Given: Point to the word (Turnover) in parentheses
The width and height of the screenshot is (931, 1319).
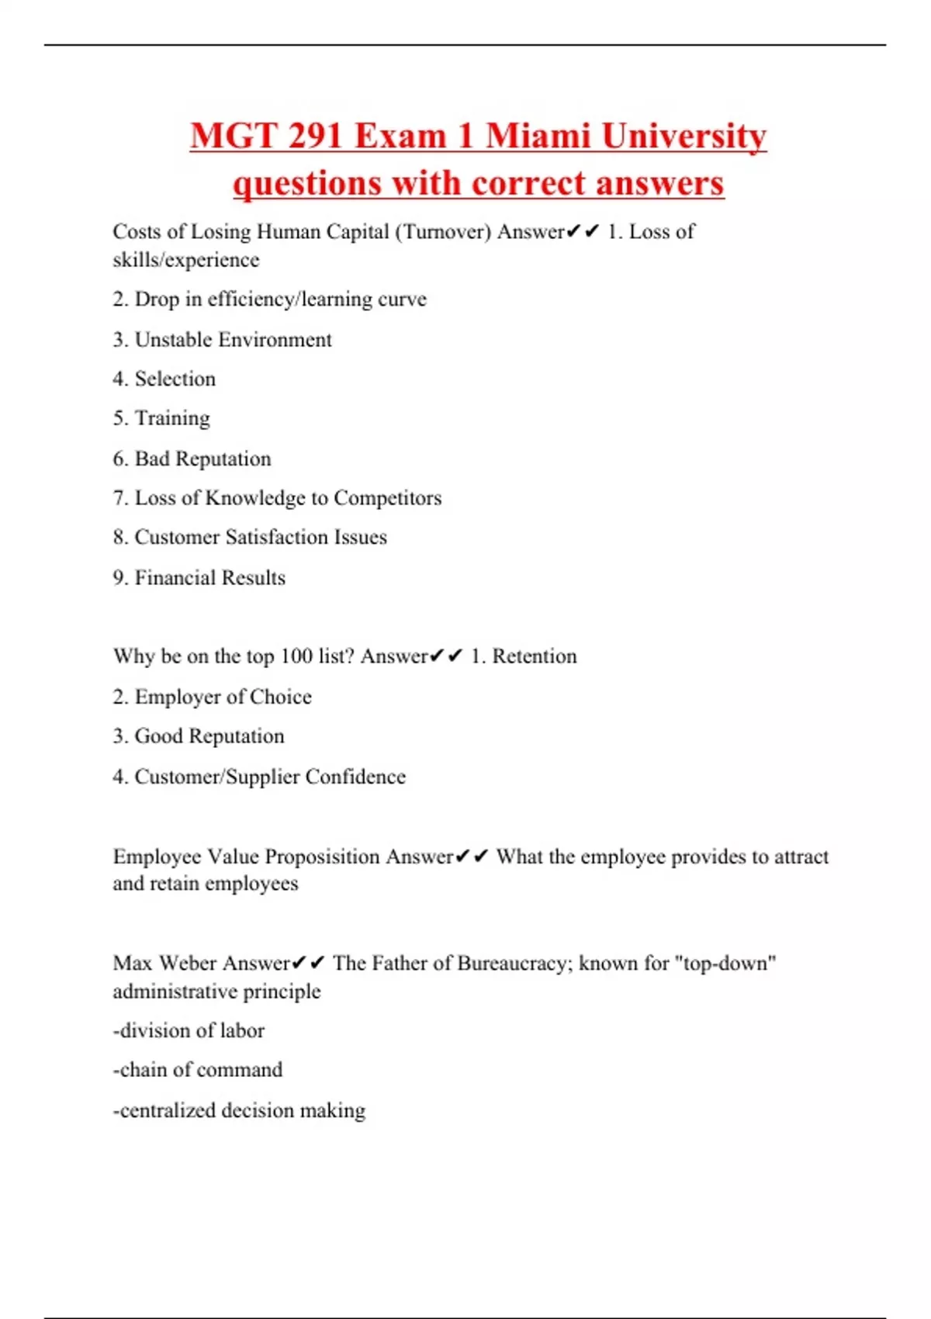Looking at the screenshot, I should coord(443,232).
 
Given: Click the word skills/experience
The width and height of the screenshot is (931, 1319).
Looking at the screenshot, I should coord(186,260).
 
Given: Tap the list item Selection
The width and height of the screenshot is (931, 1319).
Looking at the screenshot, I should coord(175,379).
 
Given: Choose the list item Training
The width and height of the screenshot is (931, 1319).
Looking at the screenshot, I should coord(172,419).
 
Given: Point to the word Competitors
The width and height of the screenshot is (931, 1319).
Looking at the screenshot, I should coord(387,498).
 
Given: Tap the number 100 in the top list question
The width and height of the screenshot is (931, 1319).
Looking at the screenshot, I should coord(296,656).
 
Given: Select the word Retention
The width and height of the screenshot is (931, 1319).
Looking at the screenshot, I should coord(535,656).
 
